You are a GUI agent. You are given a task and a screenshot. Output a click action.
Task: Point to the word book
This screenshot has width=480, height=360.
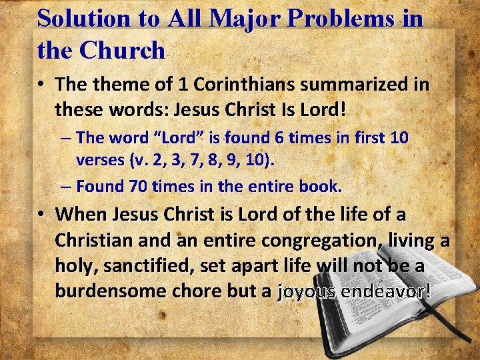coord(323,187)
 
